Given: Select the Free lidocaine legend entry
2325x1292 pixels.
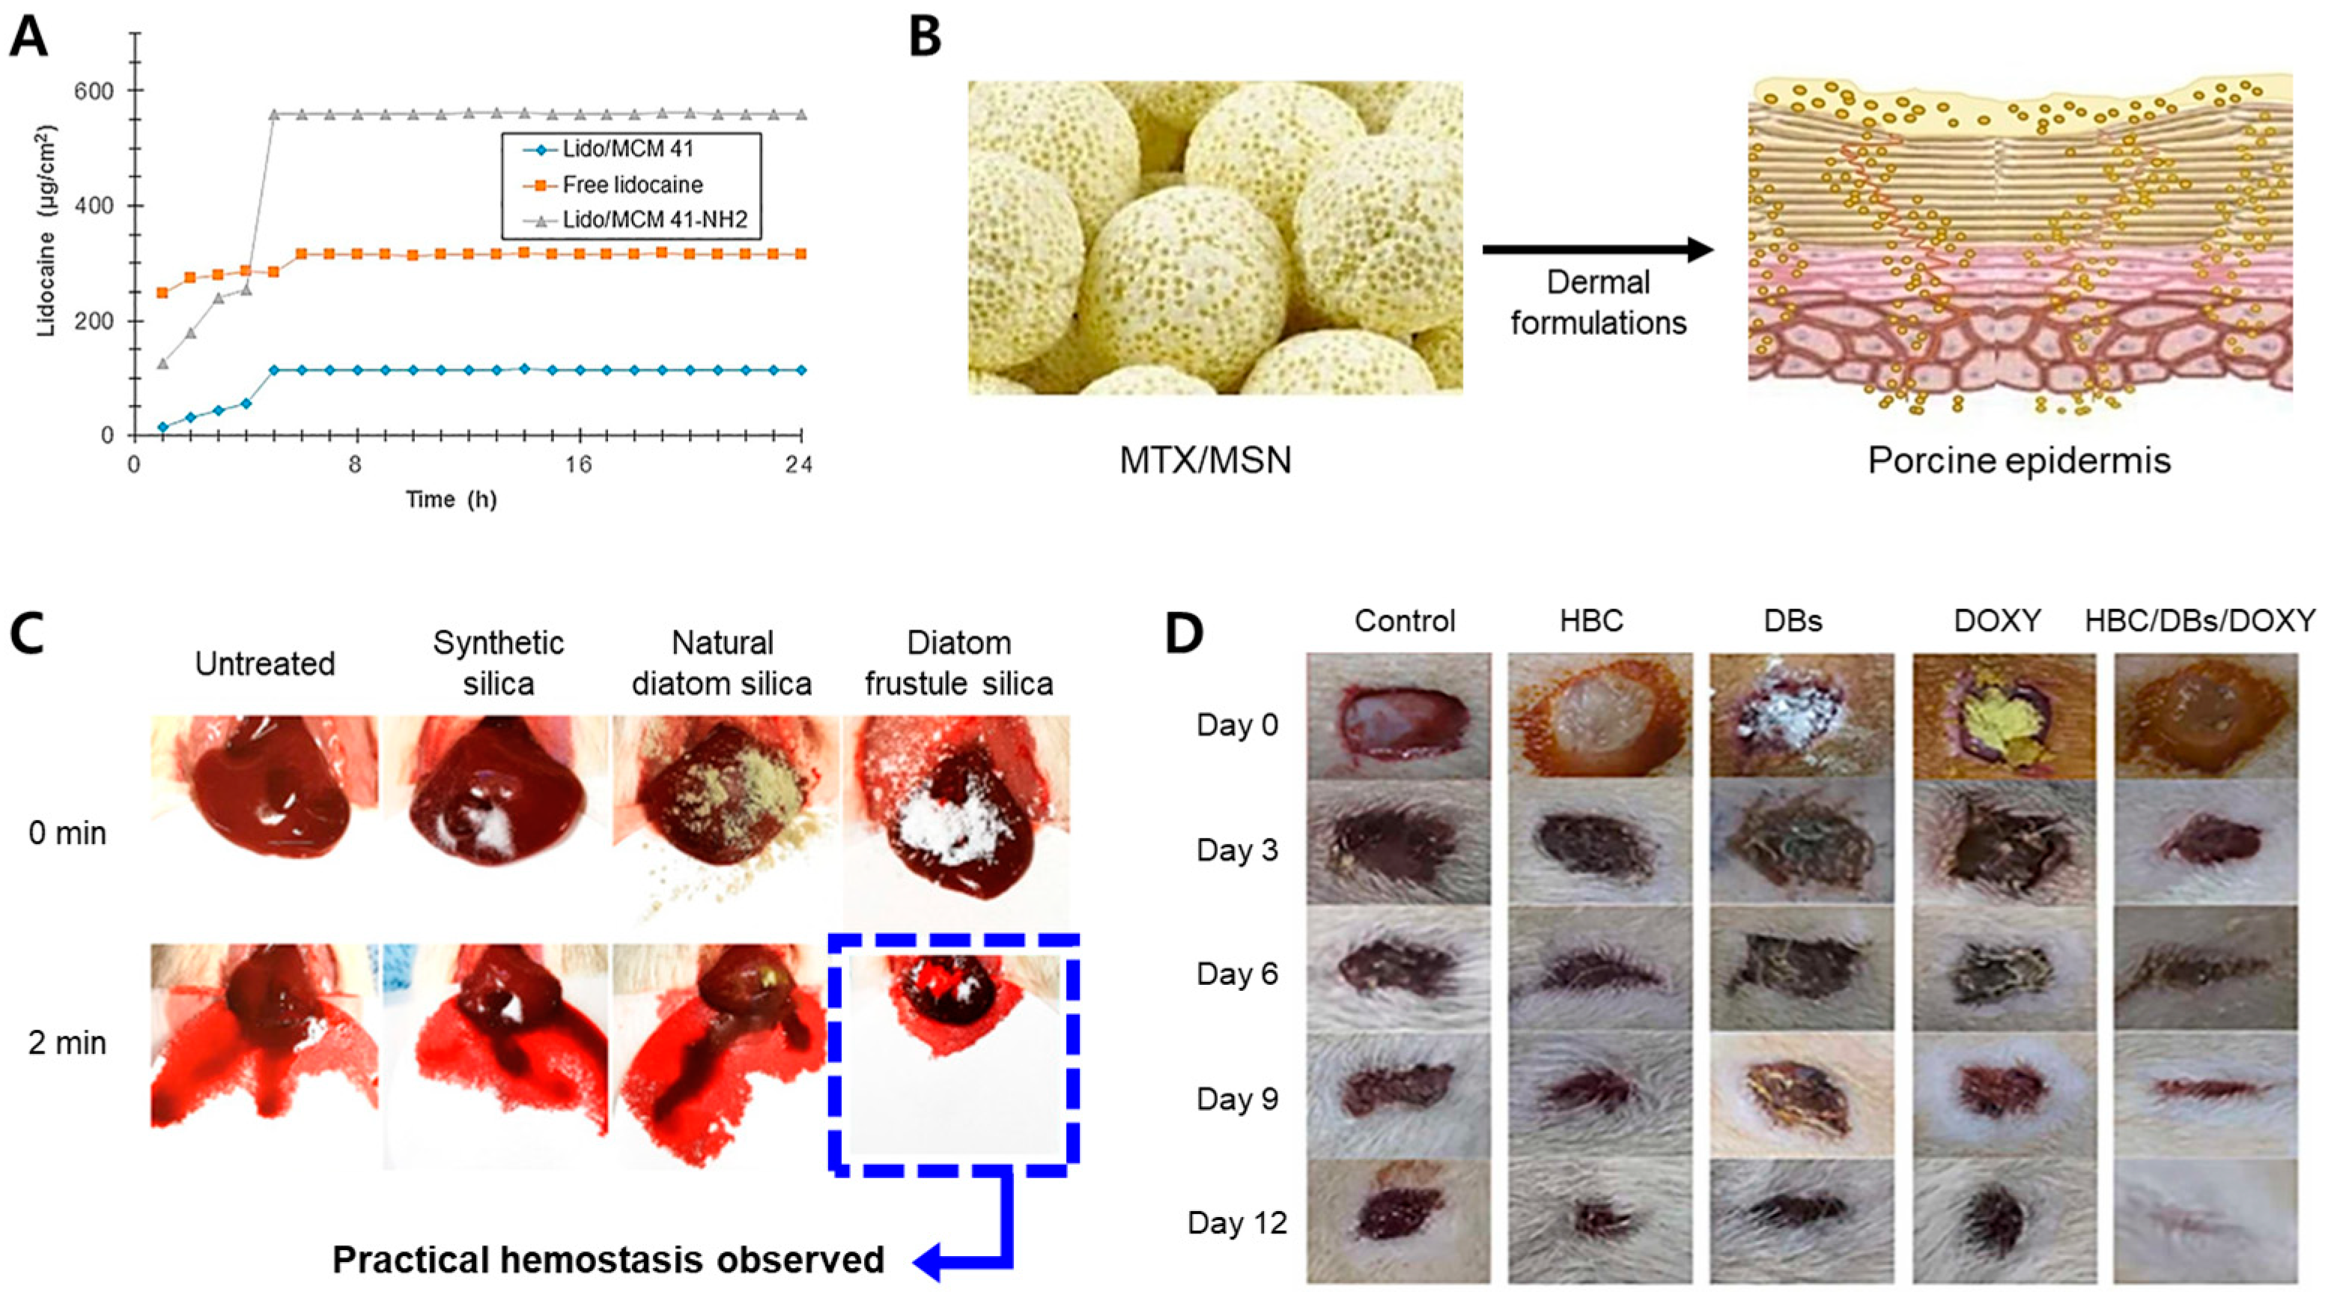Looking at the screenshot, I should pos(632,185).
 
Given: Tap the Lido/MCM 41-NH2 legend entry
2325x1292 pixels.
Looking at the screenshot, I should pos(654,219).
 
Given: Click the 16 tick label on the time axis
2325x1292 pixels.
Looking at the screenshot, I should pos(579,464).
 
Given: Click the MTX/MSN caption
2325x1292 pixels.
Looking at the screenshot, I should pos(1205,460).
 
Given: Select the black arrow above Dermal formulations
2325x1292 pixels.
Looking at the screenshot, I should pos(1597,249).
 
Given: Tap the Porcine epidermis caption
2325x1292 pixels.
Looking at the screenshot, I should pos(2019,460).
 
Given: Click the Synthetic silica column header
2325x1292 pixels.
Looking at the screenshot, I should pos(498,663).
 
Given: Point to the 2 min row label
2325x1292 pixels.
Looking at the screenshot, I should pos(67,1043).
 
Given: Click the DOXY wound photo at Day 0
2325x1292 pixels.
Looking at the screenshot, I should pos(2004,715).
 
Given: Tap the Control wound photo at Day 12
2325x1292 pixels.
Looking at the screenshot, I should pos(1398,1221).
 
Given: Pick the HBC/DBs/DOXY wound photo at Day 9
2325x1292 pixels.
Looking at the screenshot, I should pos(2206,1095).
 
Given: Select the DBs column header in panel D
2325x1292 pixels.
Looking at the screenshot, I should pos(1793,620).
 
